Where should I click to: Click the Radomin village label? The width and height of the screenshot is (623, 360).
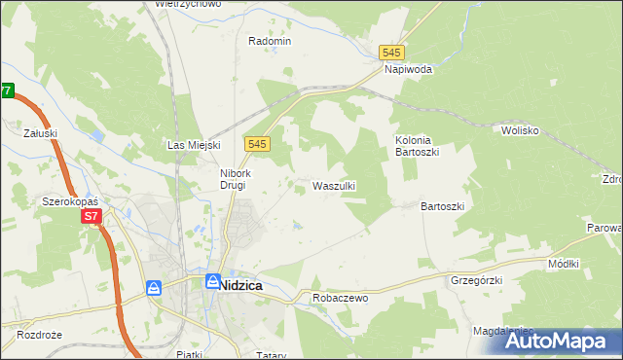coord(270,41)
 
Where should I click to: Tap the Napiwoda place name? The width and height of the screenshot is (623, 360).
coord(408,70)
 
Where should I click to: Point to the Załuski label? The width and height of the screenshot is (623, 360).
coord(43,134)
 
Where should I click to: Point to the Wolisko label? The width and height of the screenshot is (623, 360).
coord(520,129)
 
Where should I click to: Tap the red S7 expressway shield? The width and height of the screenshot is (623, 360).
coord(91,216)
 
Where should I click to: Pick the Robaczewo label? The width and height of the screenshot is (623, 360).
coord(340,298)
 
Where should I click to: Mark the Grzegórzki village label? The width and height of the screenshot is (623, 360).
coord(475,280)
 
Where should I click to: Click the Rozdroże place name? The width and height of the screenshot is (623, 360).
coord(39,335)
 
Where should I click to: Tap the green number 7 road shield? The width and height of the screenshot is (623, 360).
coord(7,90)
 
